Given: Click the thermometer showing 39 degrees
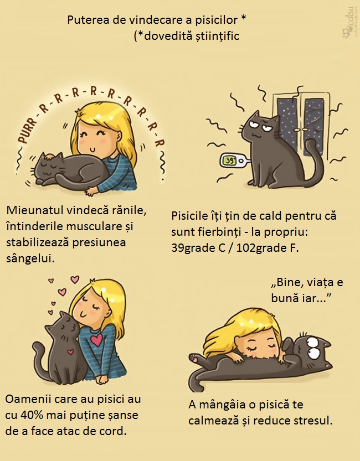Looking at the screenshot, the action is [x=234, y=160].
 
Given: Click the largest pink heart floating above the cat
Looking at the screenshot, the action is [x=75, y=279].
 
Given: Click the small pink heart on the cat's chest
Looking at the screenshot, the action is [x=70, y=351].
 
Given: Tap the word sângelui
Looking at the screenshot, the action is [x=30, y=259].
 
